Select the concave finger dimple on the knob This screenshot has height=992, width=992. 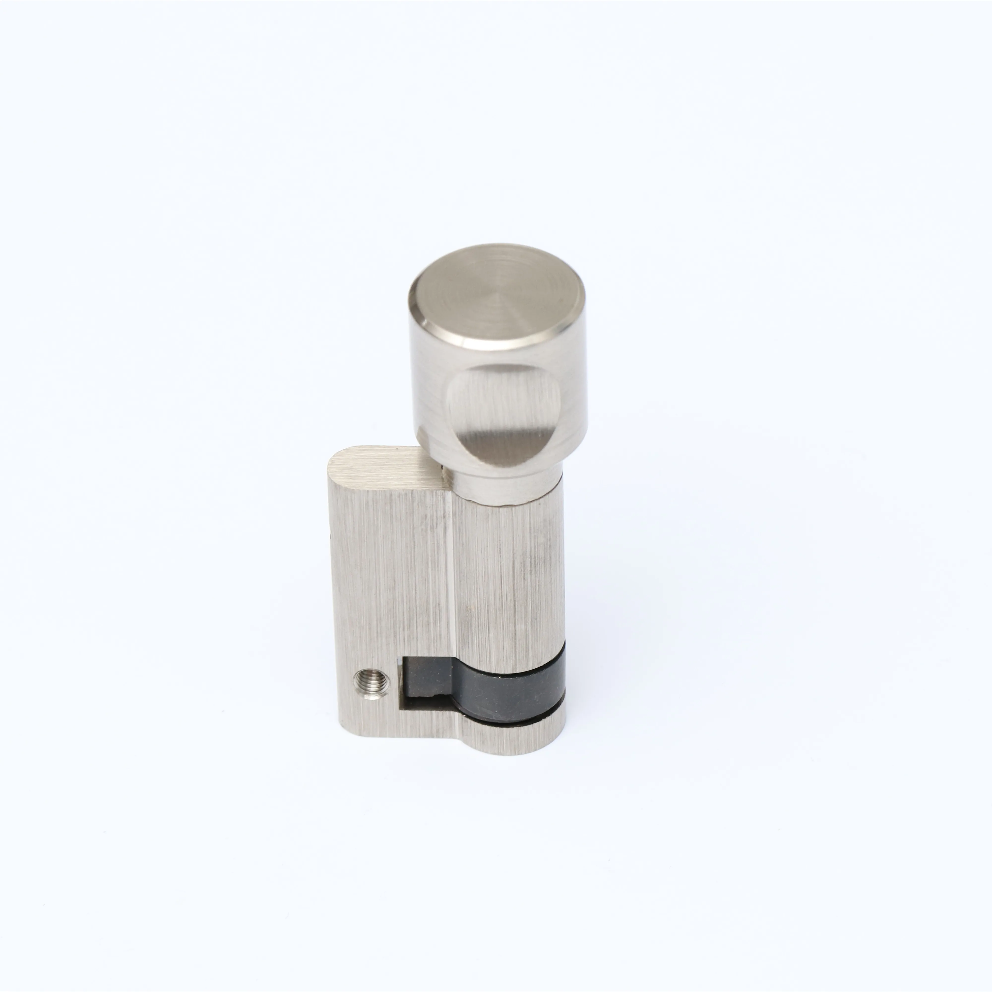[x=503, y=411]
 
